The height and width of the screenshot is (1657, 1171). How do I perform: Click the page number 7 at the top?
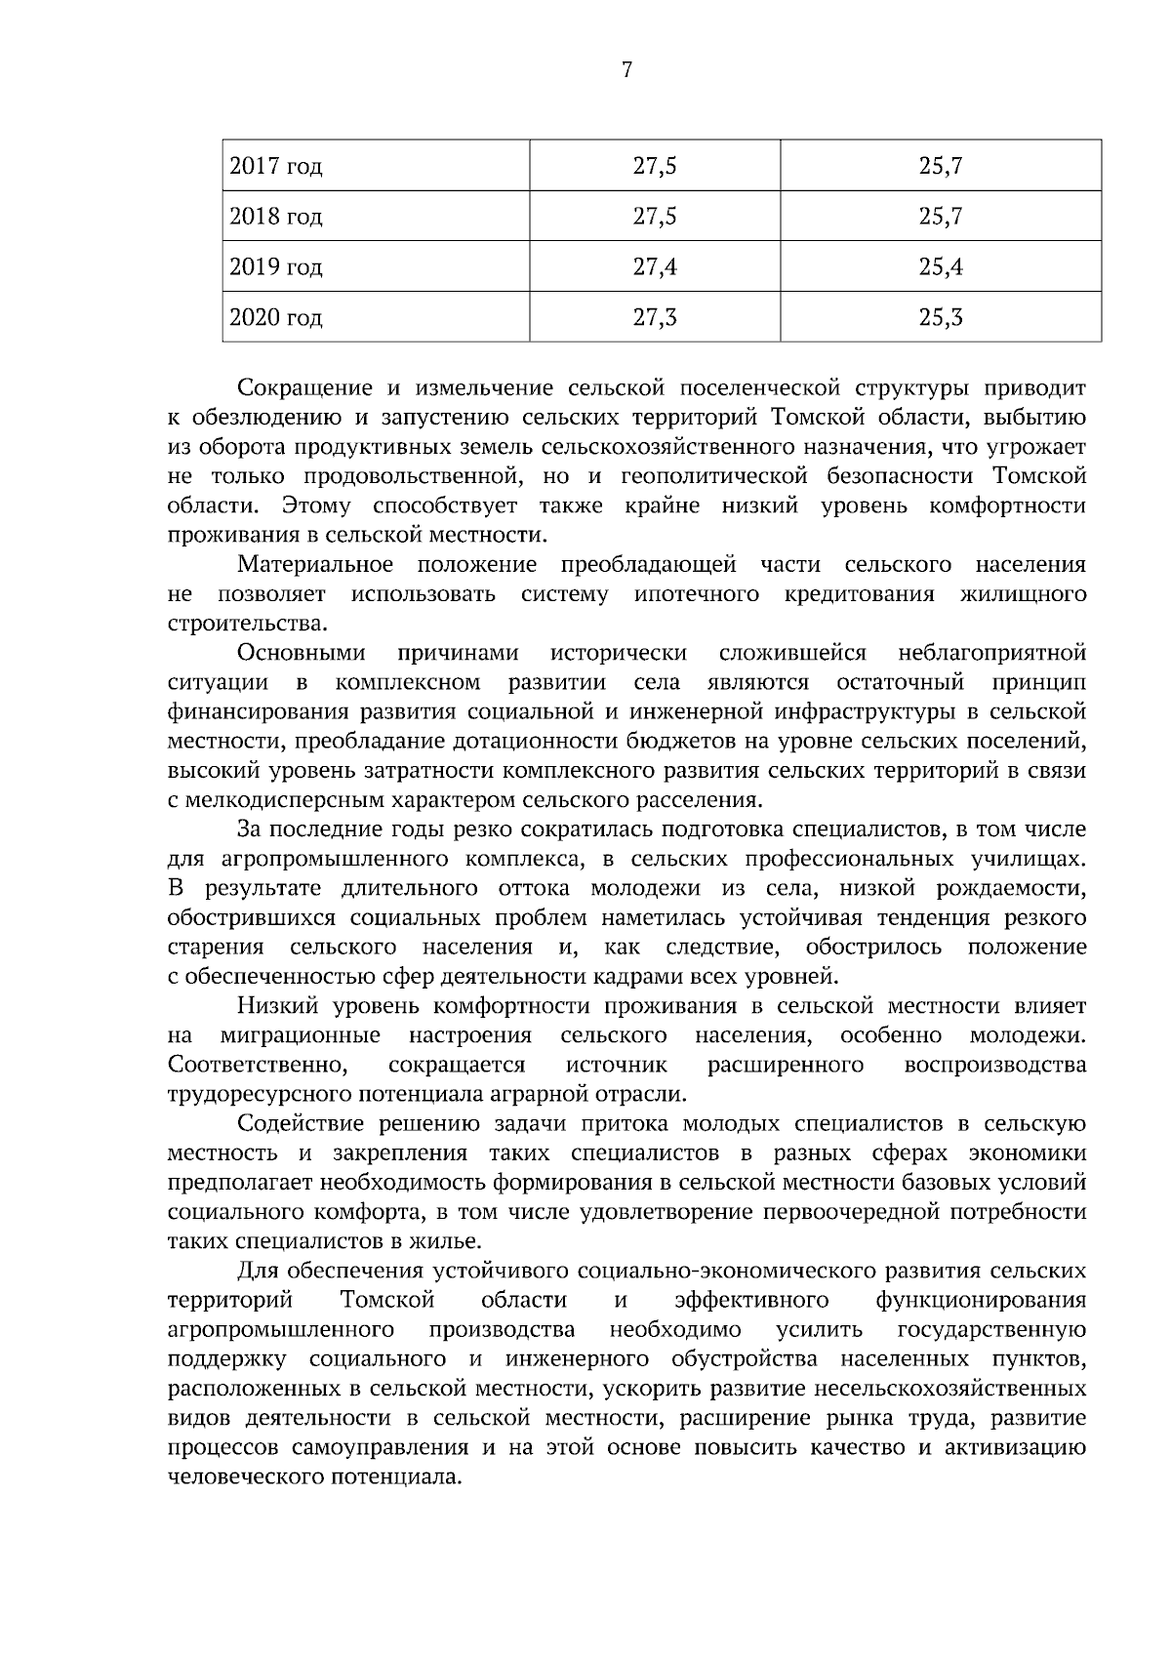(626, 70)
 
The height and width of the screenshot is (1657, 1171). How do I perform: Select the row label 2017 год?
(275, 167)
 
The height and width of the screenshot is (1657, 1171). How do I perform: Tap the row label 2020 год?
(275, 318)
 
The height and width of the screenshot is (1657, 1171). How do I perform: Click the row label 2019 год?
(275, 267)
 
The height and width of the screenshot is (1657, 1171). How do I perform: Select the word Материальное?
(315, 565)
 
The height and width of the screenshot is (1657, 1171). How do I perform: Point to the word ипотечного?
(697, 594)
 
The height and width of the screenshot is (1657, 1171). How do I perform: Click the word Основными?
(302, 653)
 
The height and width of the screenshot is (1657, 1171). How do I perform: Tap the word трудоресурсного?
(261, 1094)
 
